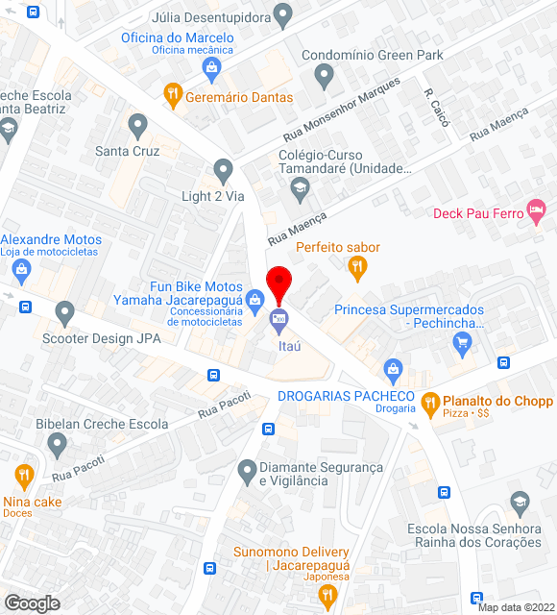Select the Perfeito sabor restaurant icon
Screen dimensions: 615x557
point(357,268)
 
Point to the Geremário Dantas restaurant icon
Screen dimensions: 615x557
point(173,94)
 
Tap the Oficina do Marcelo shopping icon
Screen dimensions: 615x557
point(212,68)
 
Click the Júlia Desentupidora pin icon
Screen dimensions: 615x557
point(282,15)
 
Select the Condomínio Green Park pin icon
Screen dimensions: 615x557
point(324,74)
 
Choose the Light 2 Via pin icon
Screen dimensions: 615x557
point(224,172)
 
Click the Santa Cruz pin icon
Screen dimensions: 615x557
point(138,125)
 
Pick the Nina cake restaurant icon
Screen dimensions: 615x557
point(24,476)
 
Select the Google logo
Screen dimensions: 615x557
point(32,603)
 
